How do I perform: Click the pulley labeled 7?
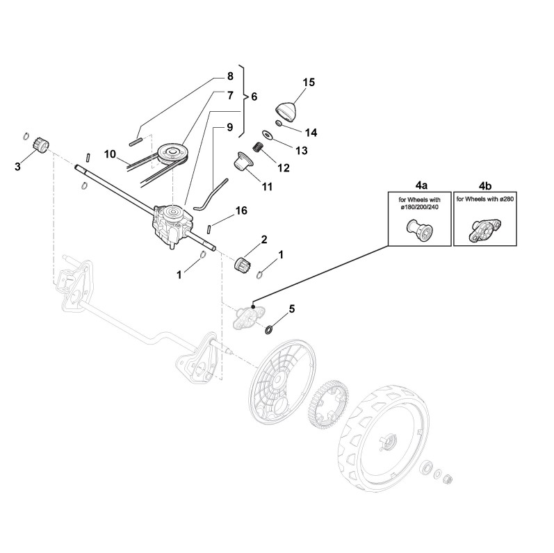click(x=170, y=151)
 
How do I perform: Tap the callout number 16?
click(x=241, y=210)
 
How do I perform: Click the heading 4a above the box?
click(x=421, y=186)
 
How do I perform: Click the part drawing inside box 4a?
click(x=419, y=229)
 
